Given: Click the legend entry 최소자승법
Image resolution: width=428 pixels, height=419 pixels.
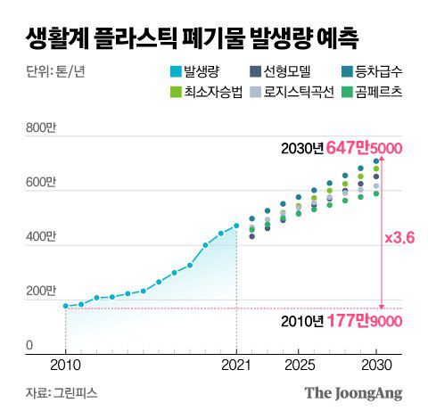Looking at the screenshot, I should click(201, 93).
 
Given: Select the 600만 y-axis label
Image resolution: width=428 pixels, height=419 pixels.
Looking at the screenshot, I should click(43, 184).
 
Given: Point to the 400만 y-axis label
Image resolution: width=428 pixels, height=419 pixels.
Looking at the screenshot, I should click(43, 238).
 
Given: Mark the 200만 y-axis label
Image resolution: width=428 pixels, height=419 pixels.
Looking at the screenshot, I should click(43, 292).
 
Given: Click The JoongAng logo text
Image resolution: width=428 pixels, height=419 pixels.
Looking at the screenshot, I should click(353, 393).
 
